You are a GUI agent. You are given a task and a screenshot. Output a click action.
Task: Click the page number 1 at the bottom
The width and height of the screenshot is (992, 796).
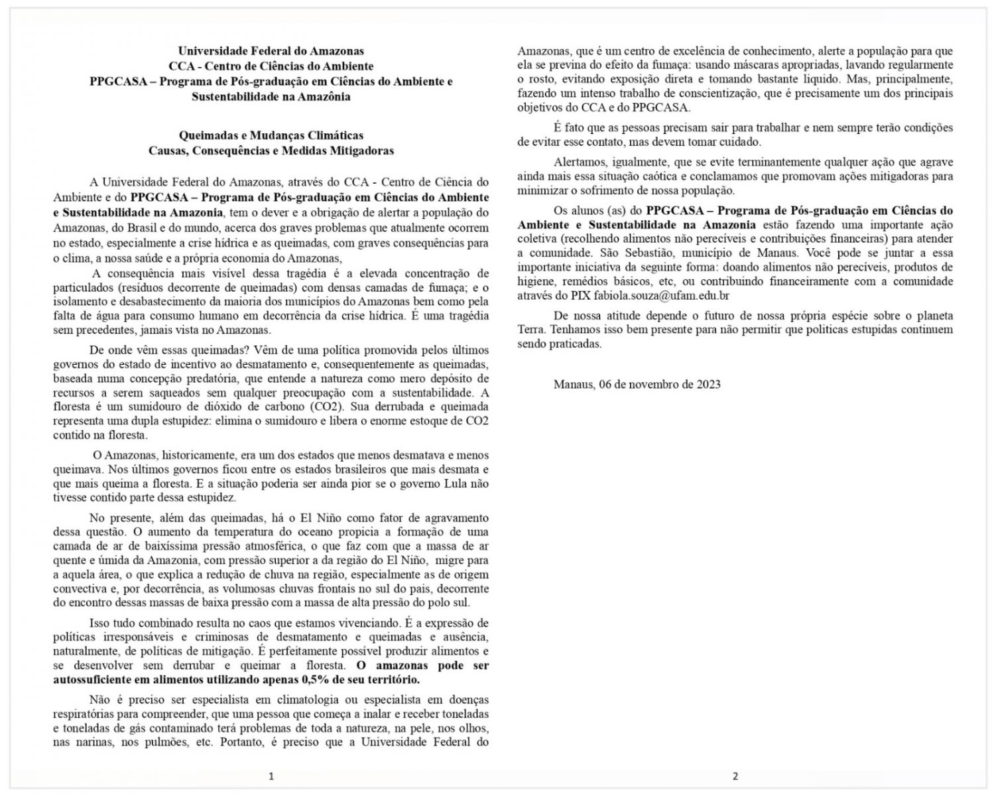[271, 775]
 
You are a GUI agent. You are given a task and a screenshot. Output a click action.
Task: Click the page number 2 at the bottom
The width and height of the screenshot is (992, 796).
[735, 775]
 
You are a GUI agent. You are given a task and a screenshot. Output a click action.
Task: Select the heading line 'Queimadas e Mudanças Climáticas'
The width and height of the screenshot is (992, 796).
[271, 135]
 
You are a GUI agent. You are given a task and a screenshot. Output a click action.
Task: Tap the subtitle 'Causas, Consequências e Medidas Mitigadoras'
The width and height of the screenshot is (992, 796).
[271, 151]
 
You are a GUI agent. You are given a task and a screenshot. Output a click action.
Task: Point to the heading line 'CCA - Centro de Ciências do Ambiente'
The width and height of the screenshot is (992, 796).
[271, 66]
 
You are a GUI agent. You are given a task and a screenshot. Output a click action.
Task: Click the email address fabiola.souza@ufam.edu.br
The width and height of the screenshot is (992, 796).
[661, 296]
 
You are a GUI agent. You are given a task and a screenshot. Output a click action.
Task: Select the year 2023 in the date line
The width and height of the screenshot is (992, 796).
[708, 384]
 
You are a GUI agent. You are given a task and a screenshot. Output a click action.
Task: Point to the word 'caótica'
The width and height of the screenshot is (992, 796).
[667, 176]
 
